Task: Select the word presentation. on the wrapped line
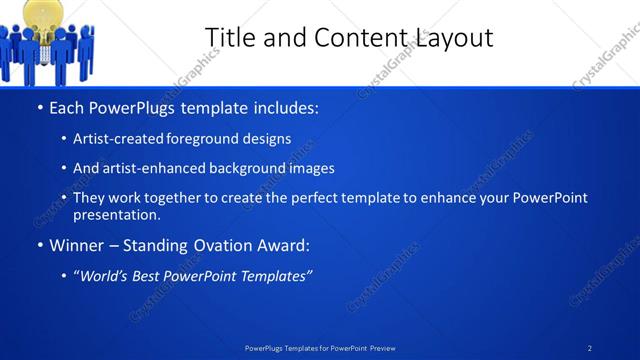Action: click(116, 215)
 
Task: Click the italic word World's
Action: click(103, 275)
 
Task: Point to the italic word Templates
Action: click(273, 275)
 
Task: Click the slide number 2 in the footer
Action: click(590, 348)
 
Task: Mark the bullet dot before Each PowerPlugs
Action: click(38, 108)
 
